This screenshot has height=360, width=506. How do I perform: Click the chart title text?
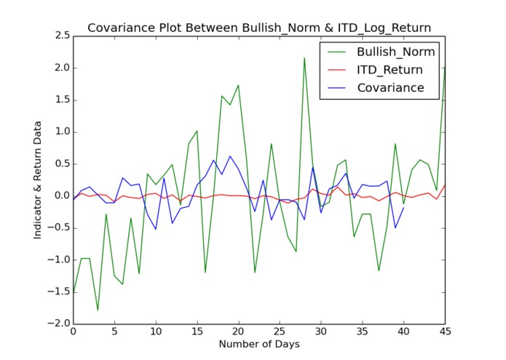point(259,28)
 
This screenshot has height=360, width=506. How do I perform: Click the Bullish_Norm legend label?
point(395,52)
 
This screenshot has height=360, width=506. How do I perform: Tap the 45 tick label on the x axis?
point(445,334)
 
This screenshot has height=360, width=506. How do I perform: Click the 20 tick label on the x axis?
point(238,334)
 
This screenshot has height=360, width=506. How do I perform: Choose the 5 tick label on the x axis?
point(114,334)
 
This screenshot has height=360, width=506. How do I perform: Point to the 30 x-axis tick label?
point(321,334)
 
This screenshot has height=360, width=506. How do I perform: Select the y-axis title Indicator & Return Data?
point(38,179)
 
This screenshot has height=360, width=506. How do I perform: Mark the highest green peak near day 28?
point(304,58)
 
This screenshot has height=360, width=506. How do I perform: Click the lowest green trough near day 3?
point(98,310)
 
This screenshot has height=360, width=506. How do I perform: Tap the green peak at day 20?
point(238,85)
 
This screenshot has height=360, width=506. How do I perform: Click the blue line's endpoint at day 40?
point(403,208)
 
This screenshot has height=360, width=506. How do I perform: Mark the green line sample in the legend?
point(338,52)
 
